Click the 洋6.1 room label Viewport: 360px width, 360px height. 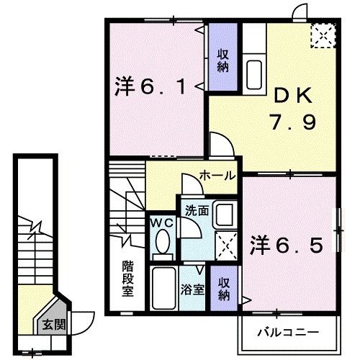[152, 89]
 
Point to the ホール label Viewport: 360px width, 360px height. [215, 175]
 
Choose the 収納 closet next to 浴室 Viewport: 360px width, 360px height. [224, 287]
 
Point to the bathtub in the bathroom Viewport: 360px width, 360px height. [164, 288]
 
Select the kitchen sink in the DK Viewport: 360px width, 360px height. [256, 73]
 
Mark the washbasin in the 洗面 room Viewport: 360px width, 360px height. [224, 215]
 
